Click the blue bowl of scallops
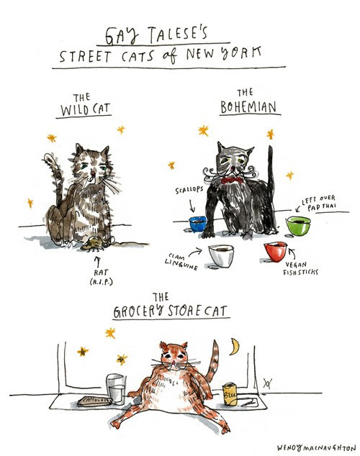point(197,224)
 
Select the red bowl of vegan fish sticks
point(276,251)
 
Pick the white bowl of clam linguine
point(221,255)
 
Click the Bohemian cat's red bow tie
point(232,181)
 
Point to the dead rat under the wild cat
point(93,244)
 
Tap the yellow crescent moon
point(235,347)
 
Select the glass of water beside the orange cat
point(116,389)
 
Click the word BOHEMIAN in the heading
point(248,107)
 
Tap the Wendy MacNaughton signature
point(316,447)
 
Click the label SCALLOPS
point(189,190)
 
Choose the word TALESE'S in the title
point(178,35)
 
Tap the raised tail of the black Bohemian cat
point(271,181)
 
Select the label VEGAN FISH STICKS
point(300,268)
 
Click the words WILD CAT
point(85,110)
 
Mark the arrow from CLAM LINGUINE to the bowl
point(194,252)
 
